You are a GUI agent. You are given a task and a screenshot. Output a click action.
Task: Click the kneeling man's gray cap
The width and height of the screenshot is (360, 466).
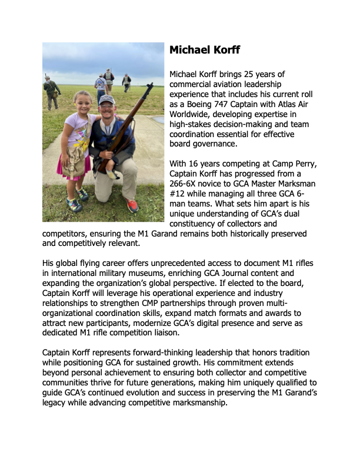[106, 101]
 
